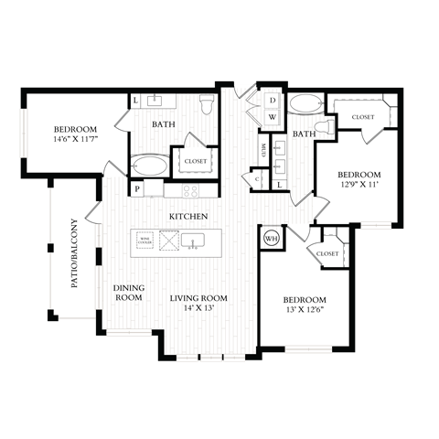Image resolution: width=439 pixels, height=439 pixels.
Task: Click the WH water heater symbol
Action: [x=271, y=239]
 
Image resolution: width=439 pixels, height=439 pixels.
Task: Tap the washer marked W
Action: [x=273, y=117]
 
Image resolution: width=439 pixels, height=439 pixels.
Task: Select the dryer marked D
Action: [x=273, y=100]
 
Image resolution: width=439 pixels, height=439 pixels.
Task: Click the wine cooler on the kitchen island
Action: [x=145, y=241]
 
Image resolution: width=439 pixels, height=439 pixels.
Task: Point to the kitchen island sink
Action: [x=193, y=241]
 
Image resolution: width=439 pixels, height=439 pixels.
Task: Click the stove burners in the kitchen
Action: [x=192, y=191]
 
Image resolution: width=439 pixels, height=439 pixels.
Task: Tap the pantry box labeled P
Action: [x=137, y=189]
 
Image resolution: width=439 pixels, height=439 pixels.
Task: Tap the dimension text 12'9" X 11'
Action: [x=359, y=185]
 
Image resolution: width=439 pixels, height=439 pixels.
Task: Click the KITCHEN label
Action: [x=188, y=217]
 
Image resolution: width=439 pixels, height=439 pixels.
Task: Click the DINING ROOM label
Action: [x=128, y=293]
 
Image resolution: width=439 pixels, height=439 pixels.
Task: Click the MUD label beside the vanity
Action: [x=262, y=150]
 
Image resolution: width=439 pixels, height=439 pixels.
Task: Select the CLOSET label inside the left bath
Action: [x=196, y=161]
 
